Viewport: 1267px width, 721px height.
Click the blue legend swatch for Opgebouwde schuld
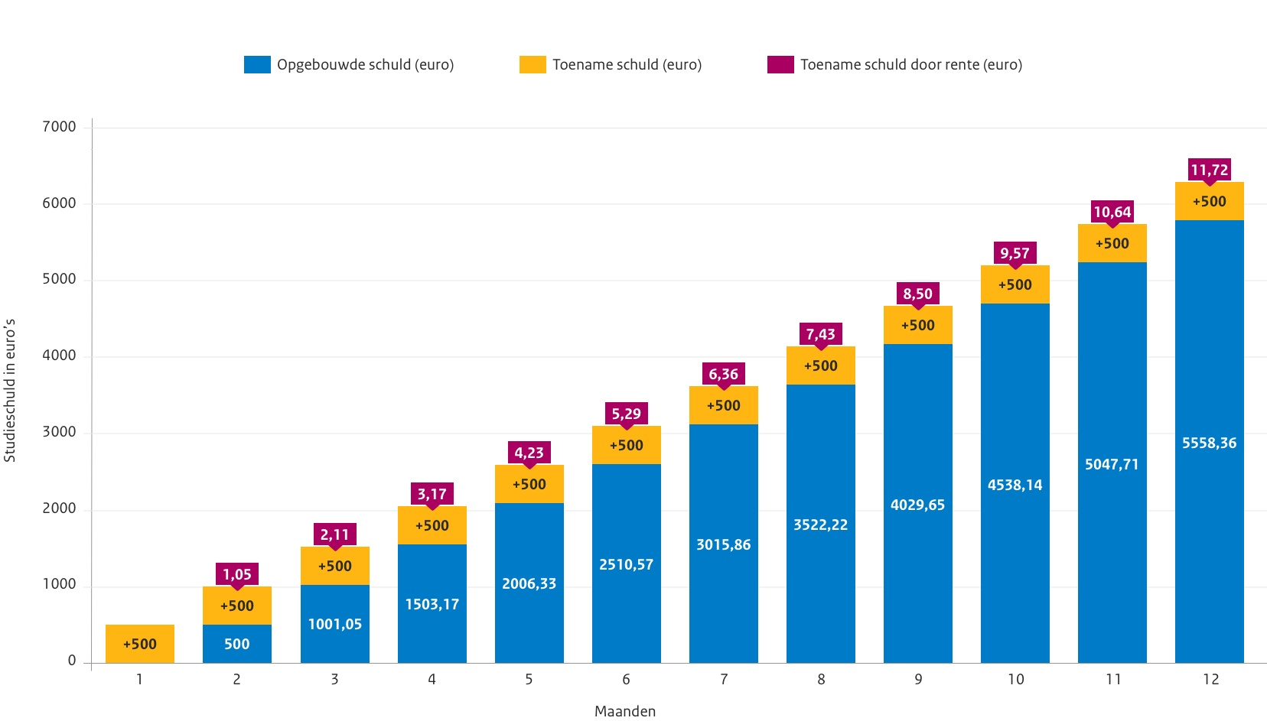257,65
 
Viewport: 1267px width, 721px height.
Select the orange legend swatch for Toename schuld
533,65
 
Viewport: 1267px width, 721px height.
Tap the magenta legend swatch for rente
780,65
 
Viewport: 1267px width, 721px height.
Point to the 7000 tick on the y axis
59,127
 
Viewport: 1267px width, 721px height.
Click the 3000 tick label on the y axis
59,432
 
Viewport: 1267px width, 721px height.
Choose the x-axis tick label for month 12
1210,680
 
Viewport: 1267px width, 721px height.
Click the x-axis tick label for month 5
529,680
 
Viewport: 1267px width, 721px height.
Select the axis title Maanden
624,711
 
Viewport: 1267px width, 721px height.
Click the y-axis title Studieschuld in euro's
10,390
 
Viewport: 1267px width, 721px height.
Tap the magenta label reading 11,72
1209,170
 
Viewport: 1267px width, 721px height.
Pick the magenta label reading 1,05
237,574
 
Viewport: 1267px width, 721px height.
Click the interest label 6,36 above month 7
723,375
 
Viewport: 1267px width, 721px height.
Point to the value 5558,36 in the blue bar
1209,443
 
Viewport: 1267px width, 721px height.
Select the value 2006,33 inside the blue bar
529,584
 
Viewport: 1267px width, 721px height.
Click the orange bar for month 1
140,644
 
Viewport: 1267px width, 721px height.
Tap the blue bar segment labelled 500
237,644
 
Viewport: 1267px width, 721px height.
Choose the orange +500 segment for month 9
917,326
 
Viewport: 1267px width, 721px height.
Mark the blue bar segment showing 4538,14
1015,485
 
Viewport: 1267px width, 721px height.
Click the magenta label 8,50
917,294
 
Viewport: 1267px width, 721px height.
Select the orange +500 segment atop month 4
432,526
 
